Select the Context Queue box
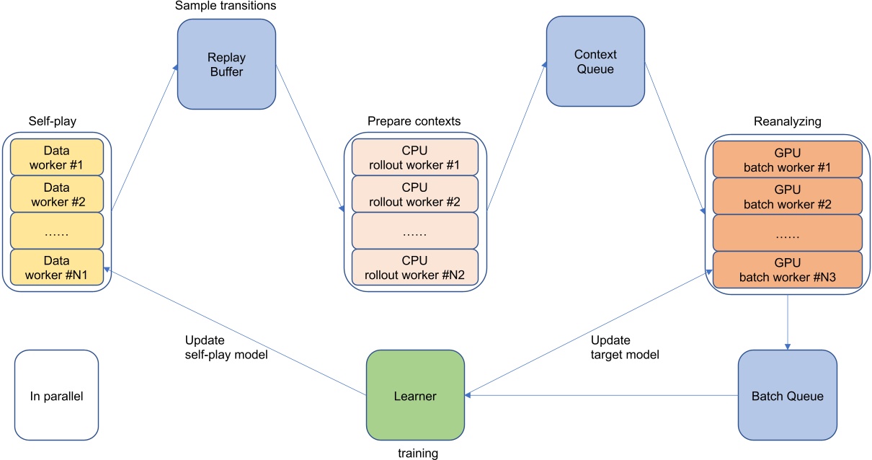coord(595,62)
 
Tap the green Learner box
coord(415,396)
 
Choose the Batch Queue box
coord(787,396)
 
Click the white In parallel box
coord(56,396)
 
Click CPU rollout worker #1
coord(414,157)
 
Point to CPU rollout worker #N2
coord(414,268)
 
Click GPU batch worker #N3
coord(787,269)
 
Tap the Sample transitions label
coord(226,6)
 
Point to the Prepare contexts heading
coord(414,120)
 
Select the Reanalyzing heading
coord(787,122)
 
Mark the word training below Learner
coord(418,454)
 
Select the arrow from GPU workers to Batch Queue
coord(787,322)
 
